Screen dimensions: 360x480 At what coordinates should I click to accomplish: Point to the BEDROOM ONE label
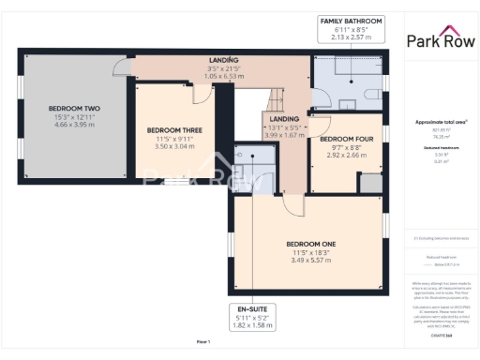coord(311,245)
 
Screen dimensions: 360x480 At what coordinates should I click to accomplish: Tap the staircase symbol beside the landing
coord(279,97)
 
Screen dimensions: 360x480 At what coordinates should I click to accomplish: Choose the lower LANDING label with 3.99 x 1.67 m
coord(285,127)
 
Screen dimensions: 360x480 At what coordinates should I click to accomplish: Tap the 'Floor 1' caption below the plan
coord(202,342)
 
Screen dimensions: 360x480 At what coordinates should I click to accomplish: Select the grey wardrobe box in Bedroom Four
coord(370,183)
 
